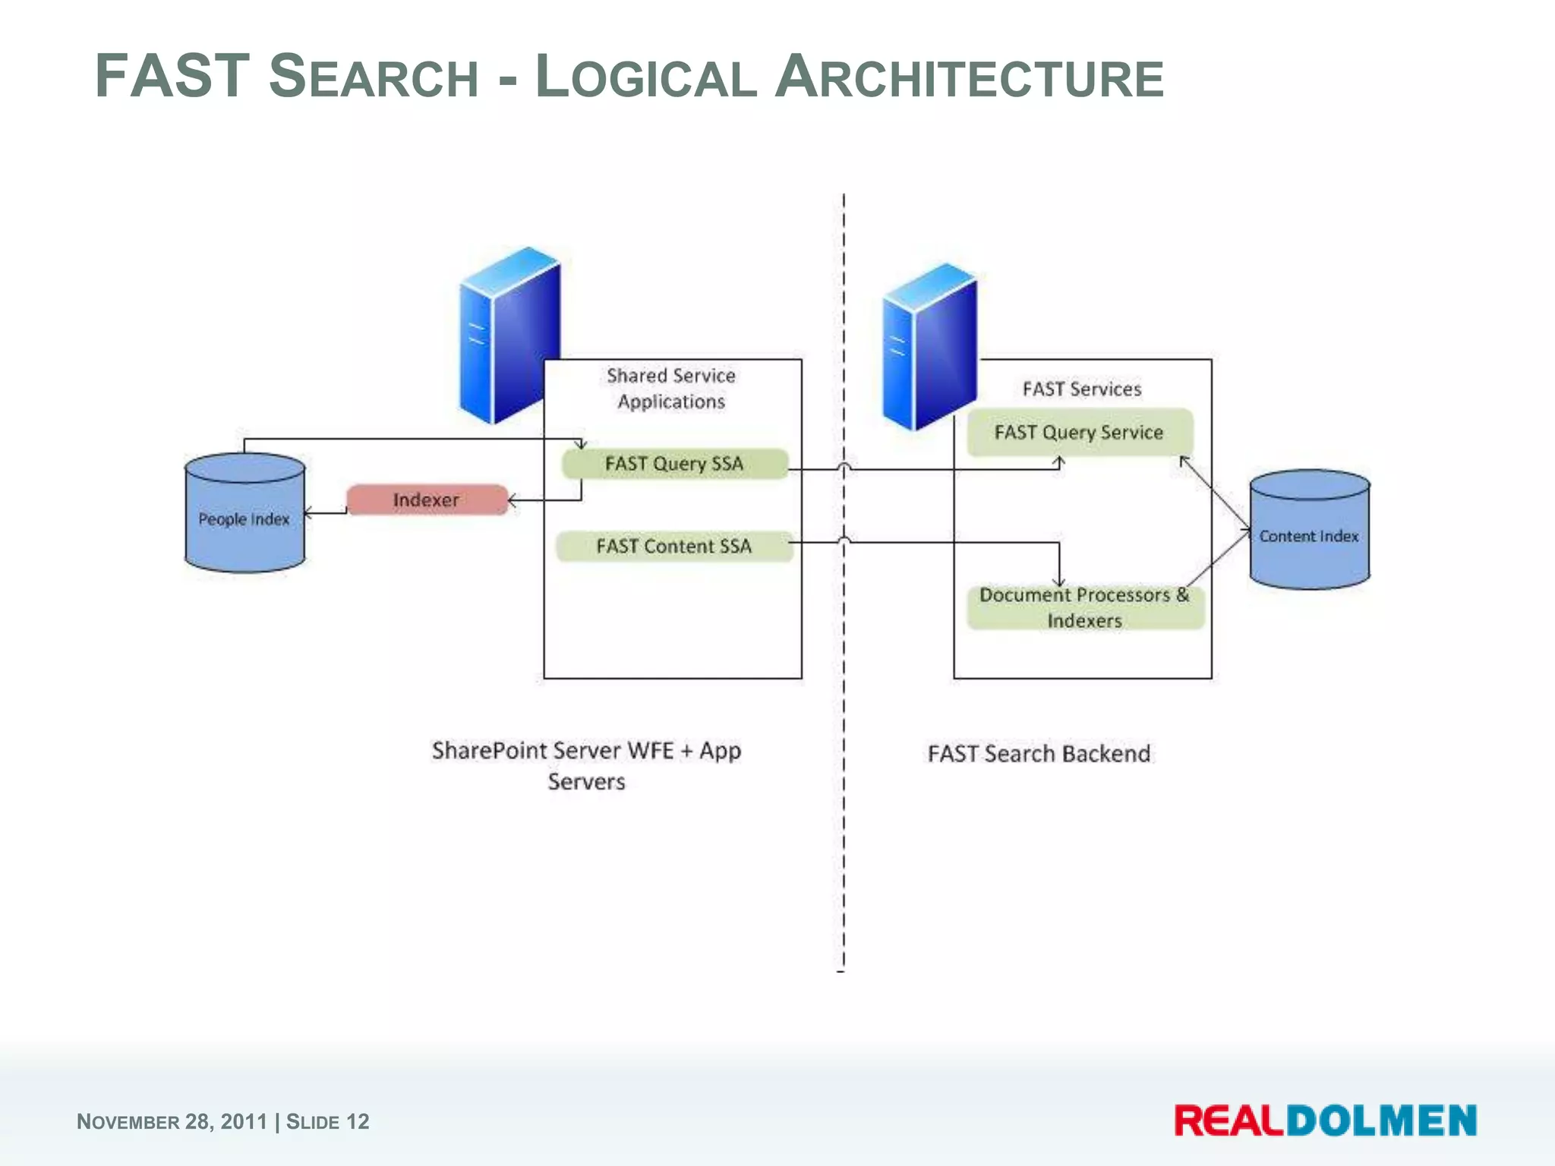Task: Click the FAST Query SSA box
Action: coord(674,464)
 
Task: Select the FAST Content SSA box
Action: coord(674,547)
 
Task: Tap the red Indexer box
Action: coord(427,500)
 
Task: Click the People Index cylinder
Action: coord(244,520)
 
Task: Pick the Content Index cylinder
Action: coord(1309,536)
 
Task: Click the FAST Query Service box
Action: coord(1079,433)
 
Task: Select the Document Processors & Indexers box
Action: coord(1084,607)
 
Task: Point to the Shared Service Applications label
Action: coord(671,389)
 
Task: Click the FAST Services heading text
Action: coord(1082,389)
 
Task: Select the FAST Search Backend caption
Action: coord(1039,754)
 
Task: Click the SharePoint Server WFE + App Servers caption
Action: coord(586,765)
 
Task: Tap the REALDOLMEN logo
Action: coord(1325,1121)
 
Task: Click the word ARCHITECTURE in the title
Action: coord(970,77)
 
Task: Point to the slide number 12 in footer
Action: coord(358,1122)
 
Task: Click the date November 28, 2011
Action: coord(172,1122)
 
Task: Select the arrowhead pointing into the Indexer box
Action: coord(513,500)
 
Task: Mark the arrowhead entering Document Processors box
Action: coord(1059,582)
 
